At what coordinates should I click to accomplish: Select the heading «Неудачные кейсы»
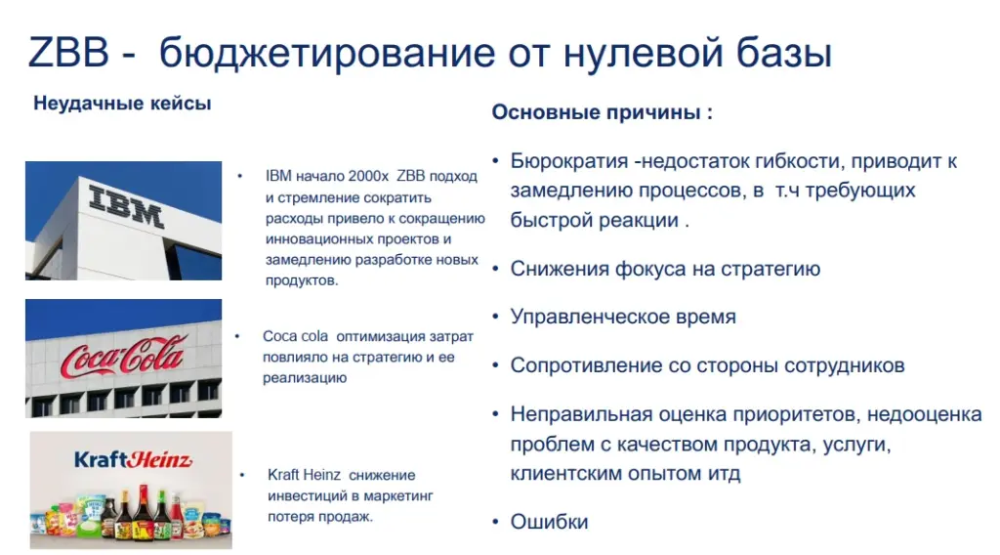pos(122,104)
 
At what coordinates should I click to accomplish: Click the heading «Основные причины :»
pos(602,112)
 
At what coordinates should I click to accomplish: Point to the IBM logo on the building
pos(127,205)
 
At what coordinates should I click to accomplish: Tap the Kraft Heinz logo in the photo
pos(132,459)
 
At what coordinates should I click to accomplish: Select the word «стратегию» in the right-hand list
pos(773,269)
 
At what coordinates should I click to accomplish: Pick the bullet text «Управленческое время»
pos(623,317)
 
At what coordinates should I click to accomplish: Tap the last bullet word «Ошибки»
pos(549,522)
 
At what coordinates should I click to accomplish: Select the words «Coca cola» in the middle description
pos(295,336)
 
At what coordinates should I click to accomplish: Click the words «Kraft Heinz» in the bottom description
pos(304,475)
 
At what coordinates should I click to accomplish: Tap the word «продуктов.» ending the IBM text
pos(302,280)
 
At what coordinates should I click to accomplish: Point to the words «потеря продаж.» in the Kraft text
pos(320,516)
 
